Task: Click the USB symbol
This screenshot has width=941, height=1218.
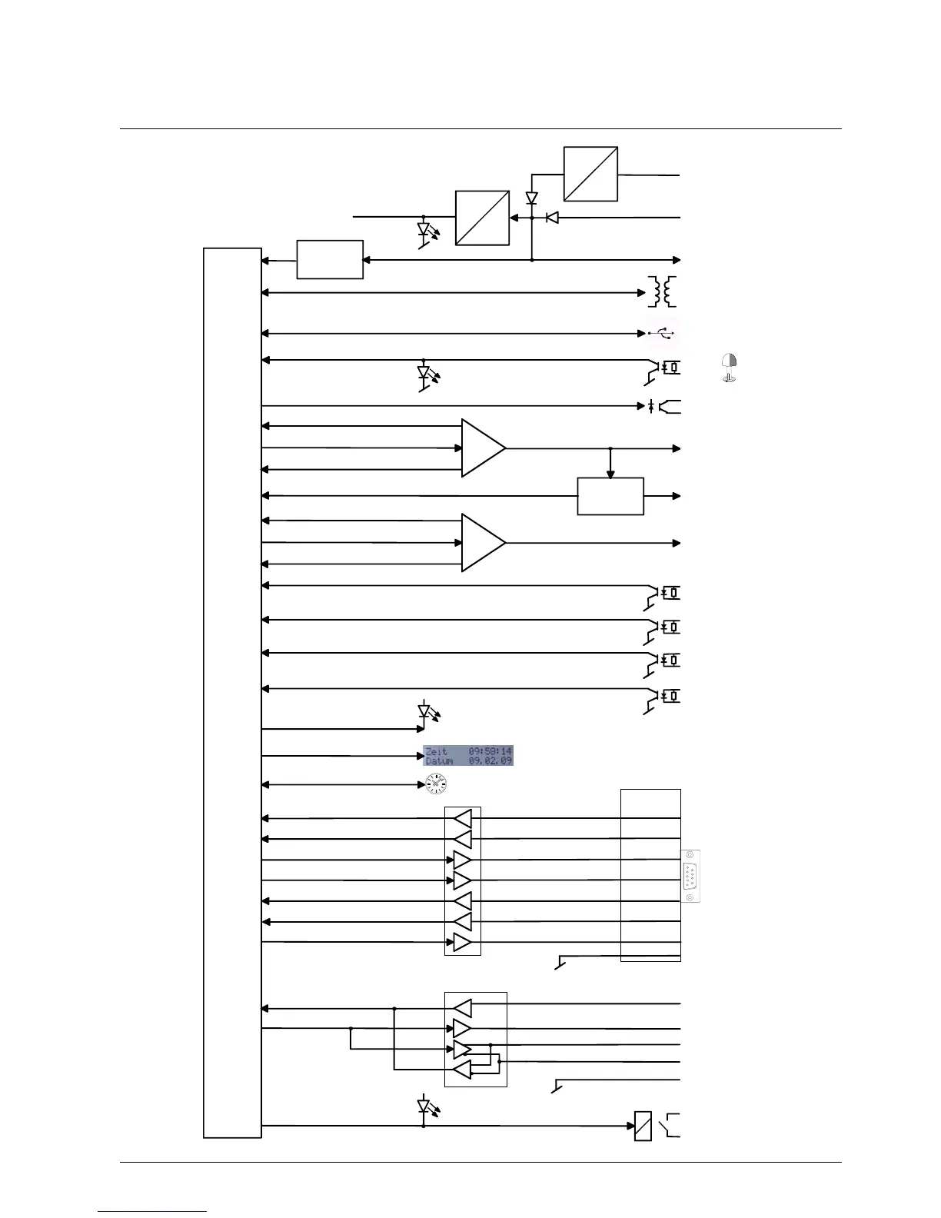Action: tap(660, 333)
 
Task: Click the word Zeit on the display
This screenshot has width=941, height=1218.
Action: tap(436, 750)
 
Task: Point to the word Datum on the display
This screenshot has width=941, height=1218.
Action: tap(439, 760)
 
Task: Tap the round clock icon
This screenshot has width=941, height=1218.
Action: tap(437, 784)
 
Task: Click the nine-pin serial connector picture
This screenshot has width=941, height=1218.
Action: tap(690, 876)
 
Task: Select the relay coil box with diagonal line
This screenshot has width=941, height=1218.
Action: tap(643, 1126)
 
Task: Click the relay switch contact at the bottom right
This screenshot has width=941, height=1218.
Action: tap(671, 1125)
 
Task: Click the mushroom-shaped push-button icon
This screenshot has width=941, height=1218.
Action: tap(730, 368)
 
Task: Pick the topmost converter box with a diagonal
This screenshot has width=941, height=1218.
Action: tap(590, 174)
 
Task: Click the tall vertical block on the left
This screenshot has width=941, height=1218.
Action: tap(232, 692)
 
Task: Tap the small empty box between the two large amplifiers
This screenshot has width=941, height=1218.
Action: tap(610, 496)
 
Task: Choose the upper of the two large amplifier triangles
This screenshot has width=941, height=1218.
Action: tap(482, 448)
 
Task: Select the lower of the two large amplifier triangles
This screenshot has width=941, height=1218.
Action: tap(482, 543)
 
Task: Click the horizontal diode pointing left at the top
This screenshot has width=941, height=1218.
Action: tap(552, 218)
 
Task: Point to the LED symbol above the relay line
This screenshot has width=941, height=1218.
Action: tap(424, 1107)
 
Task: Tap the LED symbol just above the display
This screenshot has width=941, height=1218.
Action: tap(424, 711)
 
